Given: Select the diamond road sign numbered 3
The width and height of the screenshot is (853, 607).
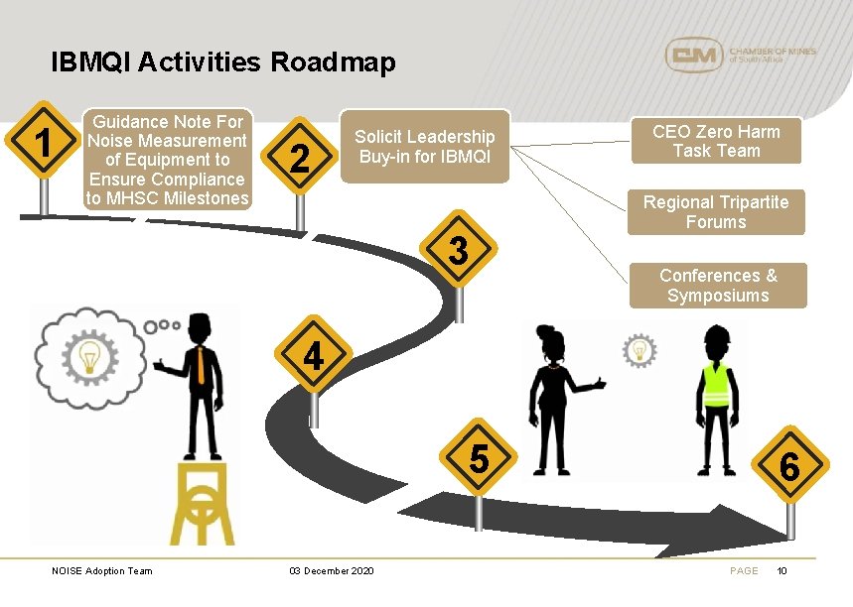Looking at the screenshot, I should coord(457,250).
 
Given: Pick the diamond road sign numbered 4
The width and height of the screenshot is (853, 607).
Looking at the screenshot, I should coord(313,355).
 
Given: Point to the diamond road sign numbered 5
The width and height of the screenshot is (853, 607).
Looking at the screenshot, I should coord(479,459).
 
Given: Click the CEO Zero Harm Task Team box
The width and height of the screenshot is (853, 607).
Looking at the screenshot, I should coord(716,141).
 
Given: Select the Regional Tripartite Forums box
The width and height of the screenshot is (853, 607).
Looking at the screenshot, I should coord(716,212).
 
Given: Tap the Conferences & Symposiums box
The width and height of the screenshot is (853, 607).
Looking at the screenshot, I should coord(718,286).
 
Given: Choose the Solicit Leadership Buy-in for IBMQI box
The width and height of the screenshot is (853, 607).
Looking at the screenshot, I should coord(425,147).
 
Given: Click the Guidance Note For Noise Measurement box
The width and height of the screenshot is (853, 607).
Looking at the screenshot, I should coord(166,160).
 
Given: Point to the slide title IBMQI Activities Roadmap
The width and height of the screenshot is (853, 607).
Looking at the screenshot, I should coord(223,62).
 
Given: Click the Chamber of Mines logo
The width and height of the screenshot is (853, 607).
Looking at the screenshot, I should coord(740,55).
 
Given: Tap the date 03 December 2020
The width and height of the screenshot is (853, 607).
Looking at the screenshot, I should coord(331,570).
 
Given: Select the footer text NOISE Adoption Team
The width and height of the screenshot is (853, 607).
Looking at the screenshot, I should coord(102,570).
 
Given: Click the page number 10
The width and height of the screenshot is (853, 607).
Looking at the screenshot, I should coord(782,570).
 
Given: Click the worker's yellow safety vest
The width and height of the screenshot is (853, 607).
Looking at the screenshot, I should coord(716,387).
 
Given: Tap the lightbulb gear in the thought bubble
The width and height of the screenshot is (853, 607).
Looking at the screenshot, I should coord(89,354).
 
